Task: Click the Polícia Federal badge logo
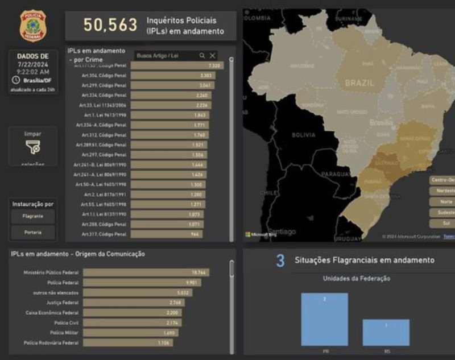[33, 26]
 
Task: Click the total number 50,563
[110, 25]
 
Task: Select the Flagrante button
[33, 217]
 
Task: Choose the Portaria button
[33, 232]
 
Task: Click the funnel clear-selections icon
[33, 147]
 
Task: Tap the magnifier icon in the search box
[202, 56]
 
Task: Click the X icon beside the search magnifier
[213, 56]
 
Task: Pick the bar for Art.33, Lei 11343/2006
[171, 105]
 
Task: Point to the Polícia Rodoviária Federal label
[52, 343]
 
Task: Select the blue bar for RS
[386, 332]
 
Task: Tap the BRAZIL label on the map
[359, 83]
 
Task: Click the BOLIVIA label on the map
[303, 135]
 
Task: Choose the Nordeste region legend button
[442, 191]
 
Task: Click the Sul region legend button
[442, 223]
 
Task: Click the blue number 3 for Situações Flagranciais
[280, 260]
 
